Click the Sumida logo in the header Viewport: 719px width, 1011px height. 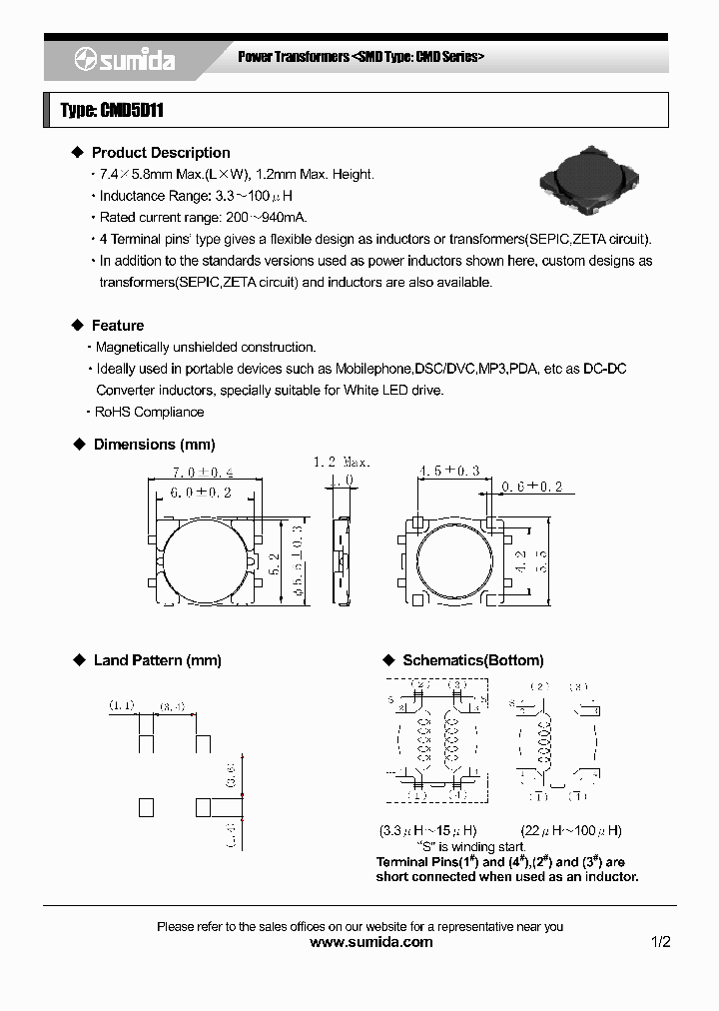125,61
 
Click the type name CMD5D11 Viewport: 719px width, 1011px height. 111,111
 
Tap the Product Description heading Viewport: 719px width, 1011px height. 160,153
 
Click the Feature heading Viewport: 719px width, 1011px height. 118,326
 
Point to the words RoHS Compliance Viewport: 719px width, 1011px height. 149,412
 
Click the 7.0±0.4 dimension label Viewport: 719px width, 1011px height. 204,472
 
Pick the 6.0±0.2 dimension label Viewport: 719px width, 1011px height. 201,493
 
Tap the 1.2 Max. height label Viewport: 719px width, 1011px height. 342,463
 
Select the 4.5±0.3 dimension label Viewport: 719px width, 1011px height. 448,470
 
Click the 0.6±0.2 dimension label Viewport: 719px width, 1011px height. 531,487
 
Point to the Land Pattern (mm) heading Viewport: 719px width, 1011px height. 157,660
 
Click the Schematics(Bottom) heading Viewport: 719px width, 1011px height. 472,660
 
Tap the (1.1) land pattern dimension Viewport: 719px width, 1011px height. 122,706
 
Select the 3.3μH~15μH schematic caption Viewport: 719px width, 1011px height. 428,831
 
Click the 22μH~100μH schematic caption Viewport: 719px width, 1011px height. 571,831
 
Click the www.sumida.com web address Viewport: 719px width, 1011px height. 370,942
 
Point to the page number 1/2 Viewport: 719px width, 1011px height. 660,942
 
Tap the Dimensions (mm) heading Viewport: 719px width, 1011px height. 154,445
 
